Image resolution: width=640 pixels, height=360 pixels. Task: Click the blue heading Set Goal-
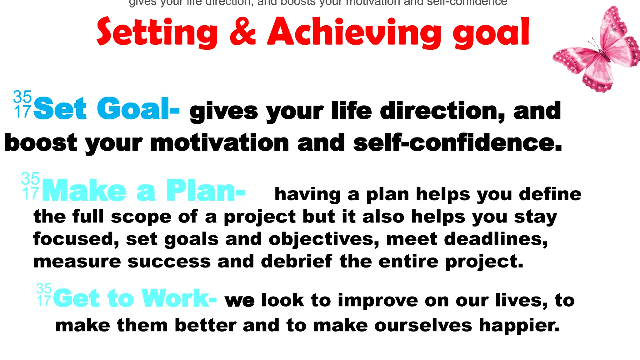pyautogui.click(x=106, y=109)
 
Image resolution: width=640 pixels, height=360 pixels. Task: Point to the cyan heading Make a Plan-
pyautogui.click(x=144, y=191)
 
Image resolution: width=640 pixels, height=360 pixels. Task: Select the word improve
pyautogui.click(x=378, y=301)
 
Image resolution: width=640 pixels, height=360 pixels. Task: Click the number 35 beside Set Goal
pyautogui.click(x=22, y=97)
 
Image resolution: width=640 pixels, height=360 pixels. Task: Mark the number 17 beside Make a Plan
pyautogui.click(x=31, y=194)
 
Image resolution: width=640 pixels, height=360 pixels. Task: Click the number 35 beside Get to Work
pyautogui.click(x=44, y=288)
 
